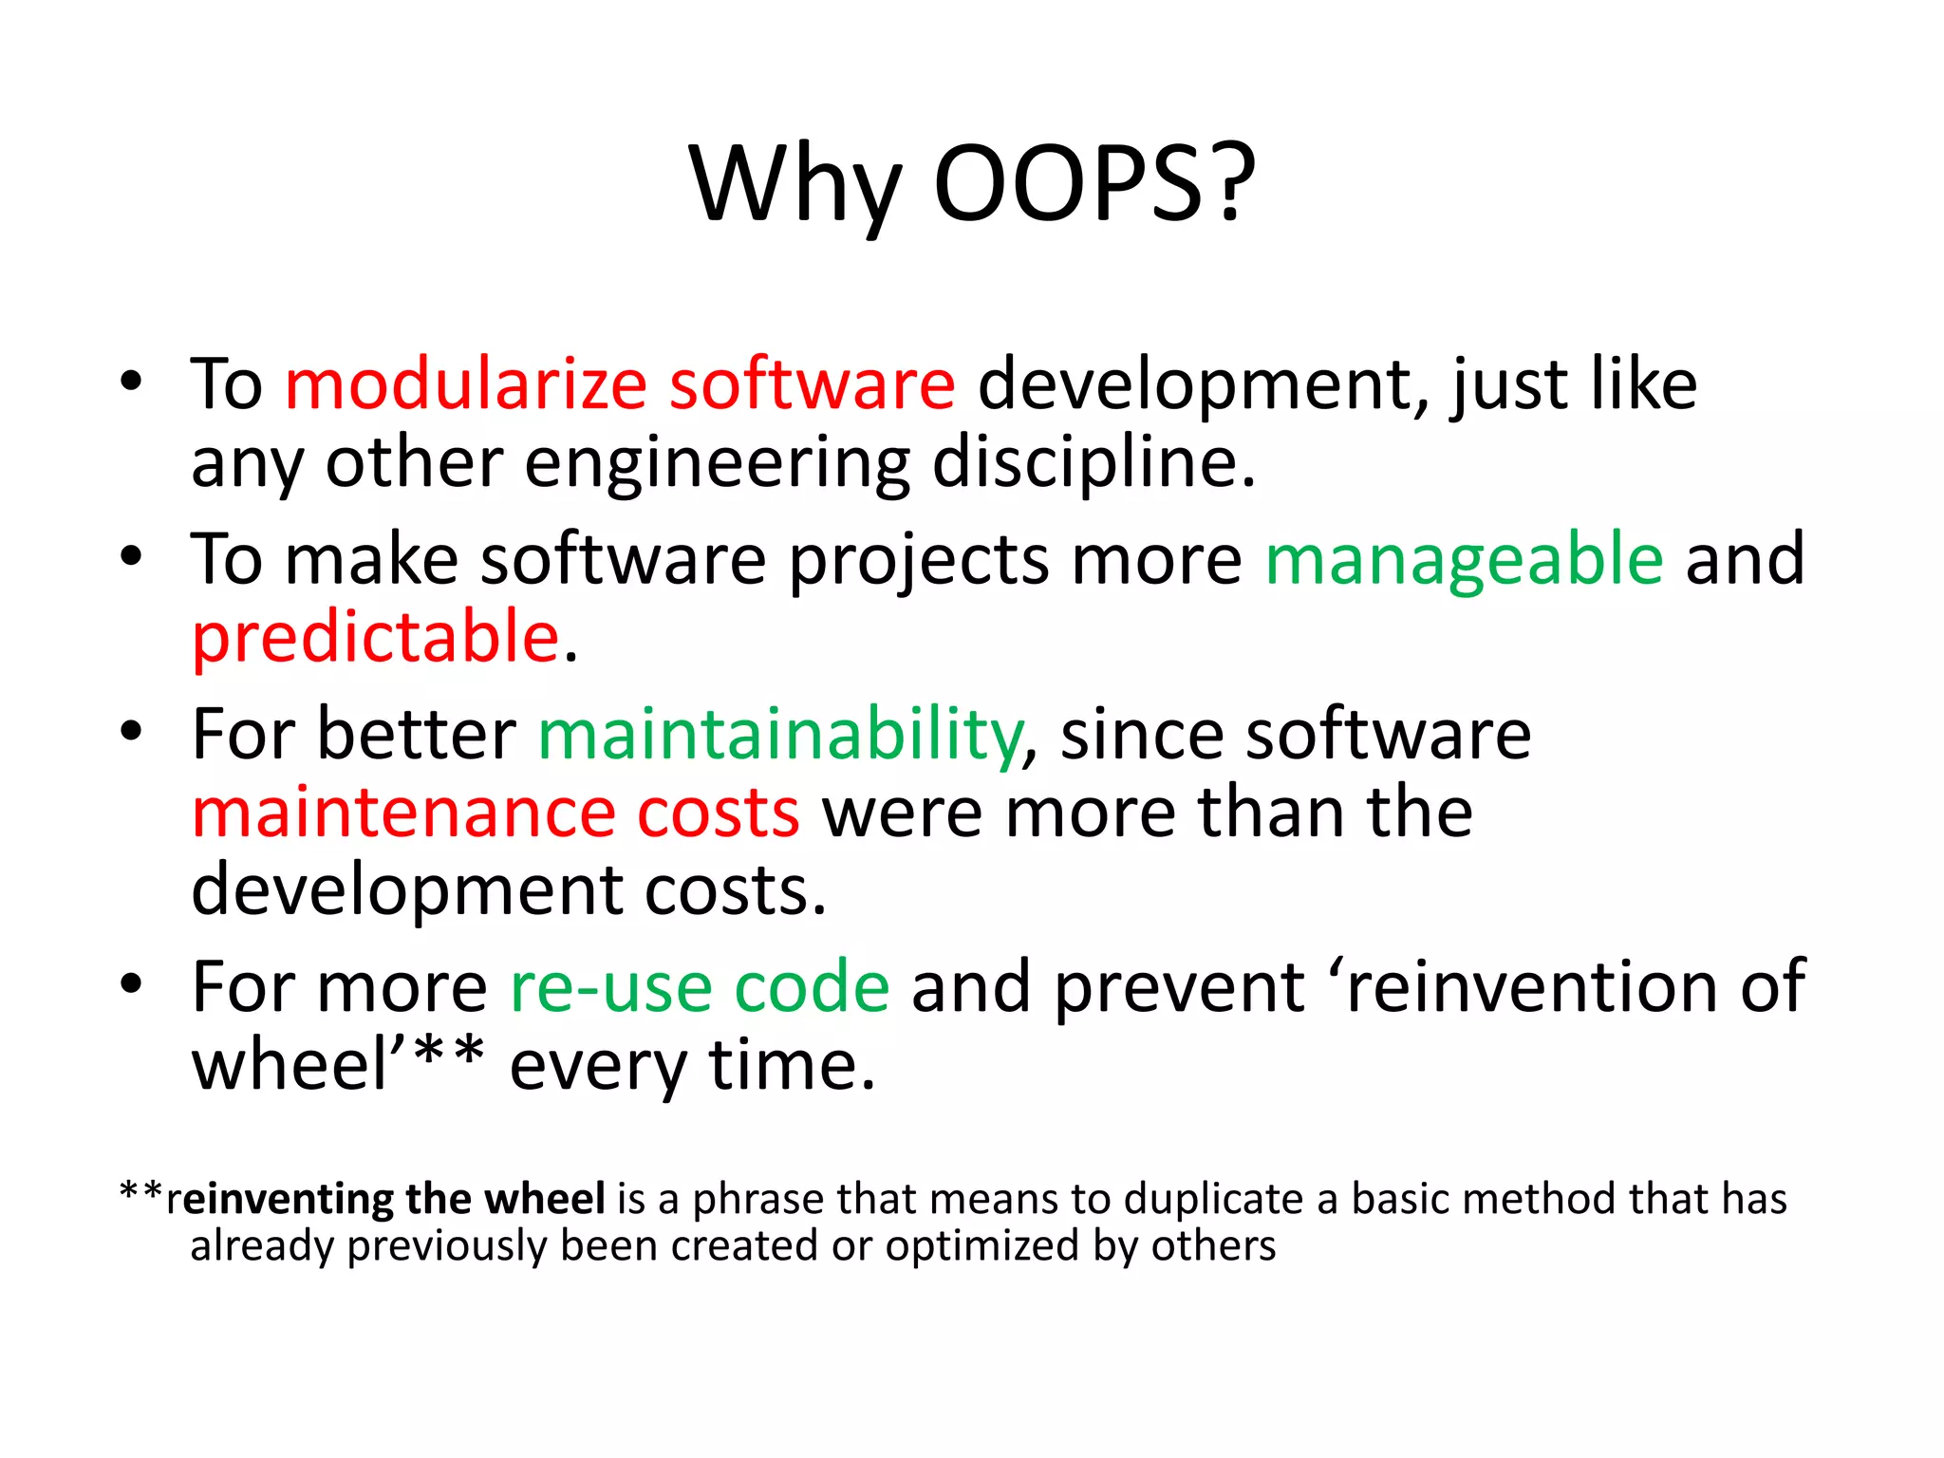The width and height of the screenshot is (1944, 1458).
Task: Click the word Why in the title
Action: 794,185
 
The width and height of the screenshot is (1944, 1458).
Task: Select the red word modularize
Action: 466,384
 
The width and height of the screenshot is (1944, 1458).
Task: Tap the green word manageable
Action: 1465,560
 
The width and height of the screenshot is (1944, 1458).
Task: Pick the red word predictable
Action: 376,637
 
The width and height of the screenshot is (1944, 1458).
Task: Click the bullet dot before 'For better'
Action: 131,732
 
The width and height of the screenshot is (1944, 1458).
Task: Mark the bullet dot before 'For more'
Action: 131,984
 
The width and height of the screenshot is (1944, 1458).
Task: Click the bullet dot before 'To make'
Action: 131,557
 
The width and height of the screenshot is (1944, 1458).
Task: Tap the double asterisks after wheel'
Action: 451,1056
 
